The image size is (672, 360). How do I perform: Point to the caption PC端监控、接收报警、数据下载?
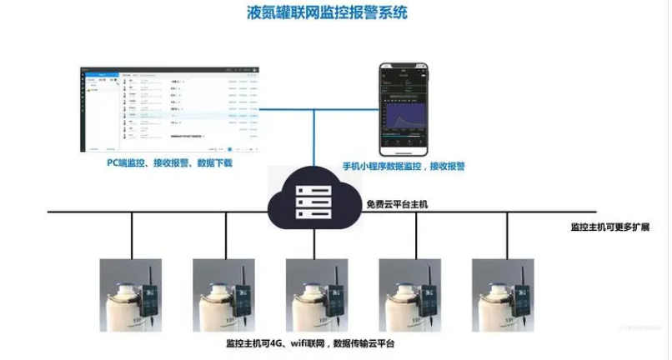click(169, 164)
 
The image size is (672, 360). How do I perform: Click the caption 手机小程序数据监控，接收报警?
click(404, 167)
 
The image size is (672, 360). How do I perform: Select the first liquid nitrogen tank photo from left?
click(131, 296)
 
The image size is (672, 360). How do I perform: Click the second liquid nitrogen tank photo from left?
click(223, 296)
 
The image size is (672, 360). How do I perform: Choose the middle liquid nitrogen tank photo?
click(317, 296)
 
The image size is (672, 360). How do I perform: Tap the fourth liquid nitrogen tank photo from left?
click(409, 296)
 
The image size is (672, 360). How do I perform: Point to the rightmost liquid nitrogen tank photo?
click(503, 296)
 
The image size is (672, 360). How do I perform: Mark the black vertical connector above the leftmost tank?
click(132, 235)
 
